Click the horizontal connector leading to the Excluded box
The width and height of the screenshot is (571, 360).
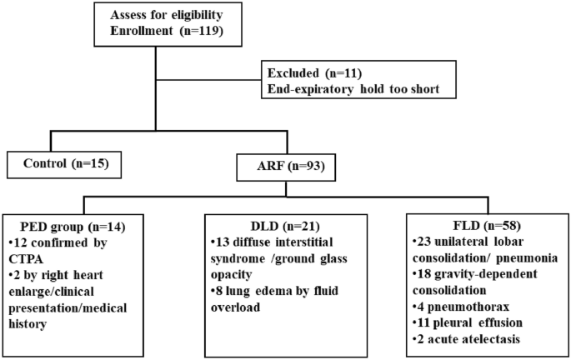pos(208,81)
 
